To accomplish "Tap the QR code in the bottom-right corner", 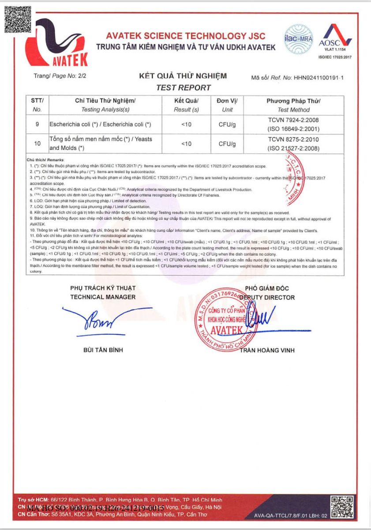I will [342, 507].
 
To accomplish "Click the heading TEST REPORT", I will [184, 87].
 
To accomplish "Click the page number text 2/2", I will [82, 76].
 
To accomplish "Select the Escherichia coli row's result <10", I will [186, 125].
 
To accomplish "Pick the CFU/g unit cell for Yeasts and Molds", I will [227, 144].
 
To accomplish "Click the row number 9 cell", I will [37, 125].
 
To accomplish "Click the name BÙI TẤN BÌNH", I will [103, 350].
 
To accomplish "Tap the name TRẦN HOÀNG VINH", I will [267, 350].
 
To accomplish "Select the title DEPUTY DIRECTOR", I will [267, 297].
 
